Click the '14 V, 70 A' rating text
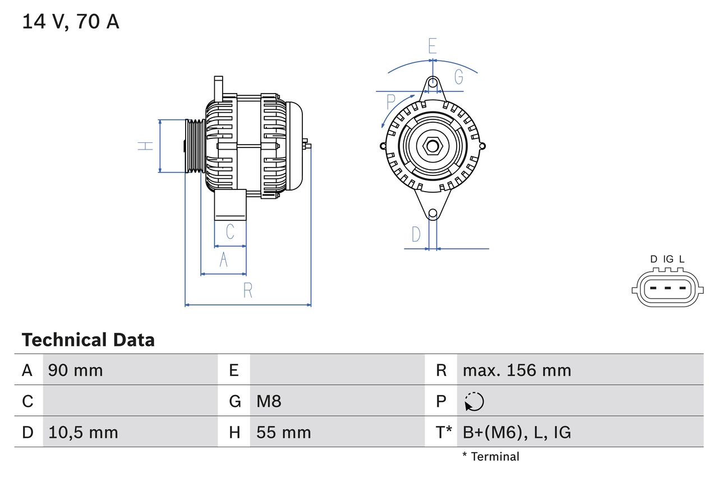pyautogui.click(x=71, y=22)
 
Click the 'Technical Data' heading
pyautogui.click(x=88, y=340)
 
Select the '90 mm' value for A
pyautogui.click(x=75, y=370)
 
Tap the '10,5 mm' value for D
pyautogui.click(x=83, y=433)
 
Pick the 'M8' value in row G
pyautogui.click(x=269, y=401)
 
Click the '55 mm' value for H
pyautogui.click(x=283, y=433)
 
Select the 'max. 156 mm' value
pyautogui.click(x=517, y=370)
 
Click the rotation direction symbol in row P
pyautogui.click(x=474, y=401)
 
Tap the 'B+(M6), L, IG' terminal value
pyautogui.click(x=517, y=433)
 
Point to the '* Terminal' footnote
pyautogui.click(x=491, y=457)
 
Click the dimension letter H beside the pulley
pyautogui.click(x=145, y=146)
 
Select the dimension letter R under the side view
pyautogui.click(x=247, y=290)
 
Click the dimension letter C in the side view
pyautogui.click(x=229, y=231)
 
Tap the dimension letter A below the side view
pyautogui.click(x=223, y=260)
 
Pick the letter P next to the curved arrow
pyautogui.click(x=392, y=102)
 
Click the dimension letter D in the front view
pyautogui.click(x=416, y=234)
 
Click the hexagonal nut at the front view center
pyautogui.click(x=432, y=146)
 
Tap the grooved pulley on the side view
pyautogui.click(x=194, y=146)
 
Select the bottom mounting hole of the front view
pyautogui.click(x=432, y=214)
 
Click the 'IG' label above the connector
pyautogui.click(x=668, y=259)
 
